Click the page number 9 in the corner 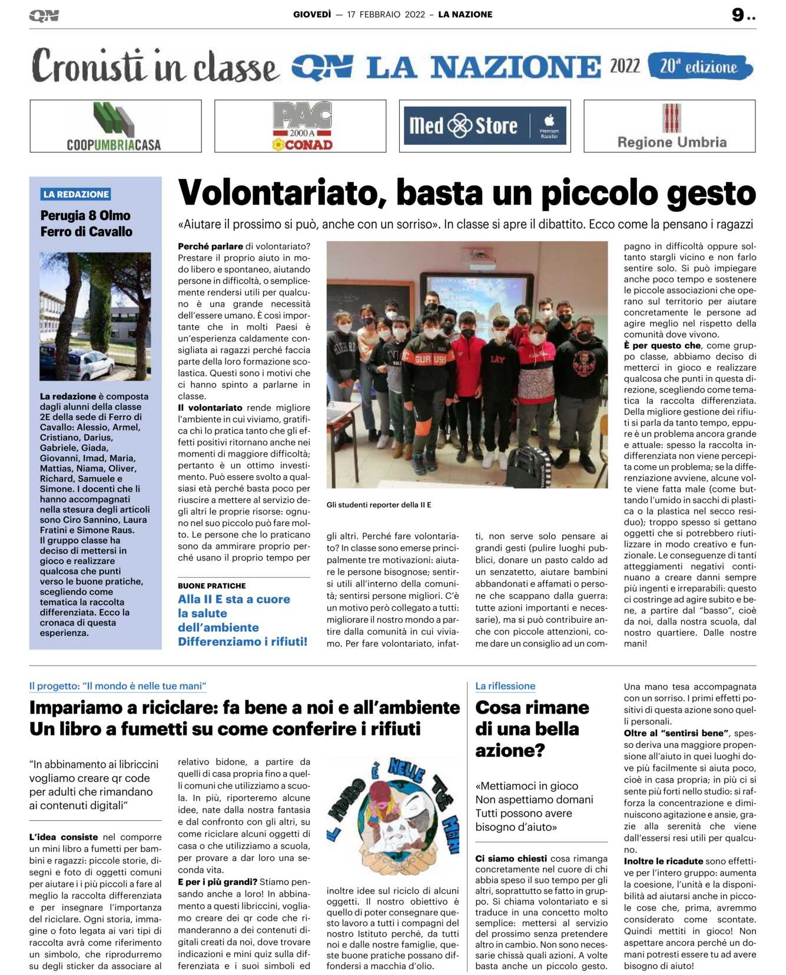(738, 15)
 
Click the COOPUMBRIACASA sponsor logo (115, 127)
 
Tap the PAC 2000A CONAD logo (301, 127)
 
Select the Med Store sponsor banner (485, 125)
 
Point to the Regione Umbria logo (671, 127)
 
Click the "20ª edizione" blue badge (699, 66)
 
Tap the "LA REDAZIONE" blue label (76, 194)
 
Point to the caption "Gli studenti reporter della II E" (379, 505)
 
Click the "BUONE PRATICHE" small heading (212, 585)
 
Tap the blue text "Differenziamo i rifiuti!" (243, 641)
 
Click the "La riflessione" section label (505, 686)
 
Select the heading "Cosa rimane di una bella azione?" (532, 728)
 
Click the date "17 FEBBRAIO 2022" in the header (386, 15)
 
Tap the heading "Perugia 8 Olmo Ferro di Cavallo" (86, 224)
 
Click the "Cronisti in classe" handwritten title (154, 66)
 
